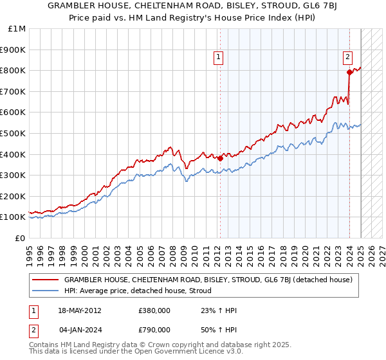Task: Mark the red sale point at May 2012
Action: pos(220,158)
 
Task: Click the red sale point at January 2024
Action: pos(349,72)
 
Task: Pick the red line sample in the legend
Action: pos(46,280)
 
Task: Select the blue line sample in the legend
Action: pos(46,291)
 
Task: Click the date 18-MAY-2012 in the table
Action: pos(79,310)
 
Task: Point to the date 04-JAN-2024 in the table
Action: pos(79,330)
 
